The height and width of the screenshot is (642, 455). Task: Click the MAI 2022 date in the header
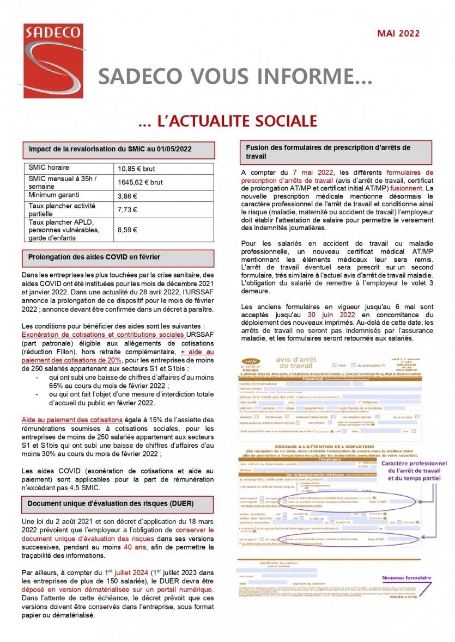coord(398,34)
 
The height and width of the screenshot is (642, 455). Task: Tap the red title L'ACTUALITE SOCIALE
coord(227,121)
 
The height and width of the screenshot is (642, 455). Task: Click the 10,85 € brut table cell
coord(136,169)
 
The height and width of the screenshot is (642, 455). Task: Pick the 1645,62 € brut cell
coord(141,182)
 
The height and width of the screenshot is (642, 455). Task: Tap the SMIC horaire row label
coord(49,168)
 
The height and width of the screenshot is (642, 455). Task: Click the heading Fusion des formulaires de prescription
coord(328,152)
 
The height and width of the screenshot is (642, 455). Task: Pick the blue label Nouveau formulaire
coord(407,578)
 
